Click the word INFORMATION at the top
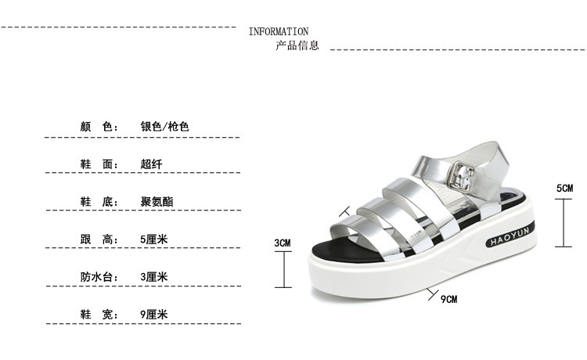tap(278, 31)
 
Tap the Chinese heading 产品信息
tap(297, 45)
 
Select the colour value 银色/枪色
tap(165, 126)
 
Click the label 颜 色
tap(98, 126)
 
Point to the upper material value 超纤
tap(151, 164)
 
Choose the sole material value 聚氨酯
tap(157, 202)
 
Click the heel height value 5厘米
tap(154, 239)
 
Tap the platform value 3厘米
tap(154, 277)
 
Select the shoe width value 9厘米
tap(154, 315)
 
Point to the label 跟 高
tap(98, 239)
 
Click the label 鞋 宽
tap(98, 315)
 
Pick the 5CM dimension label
tap(564, 188)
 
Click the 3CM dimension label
tap(282, 243)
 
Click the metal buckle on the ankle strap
tap(463, 174)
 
